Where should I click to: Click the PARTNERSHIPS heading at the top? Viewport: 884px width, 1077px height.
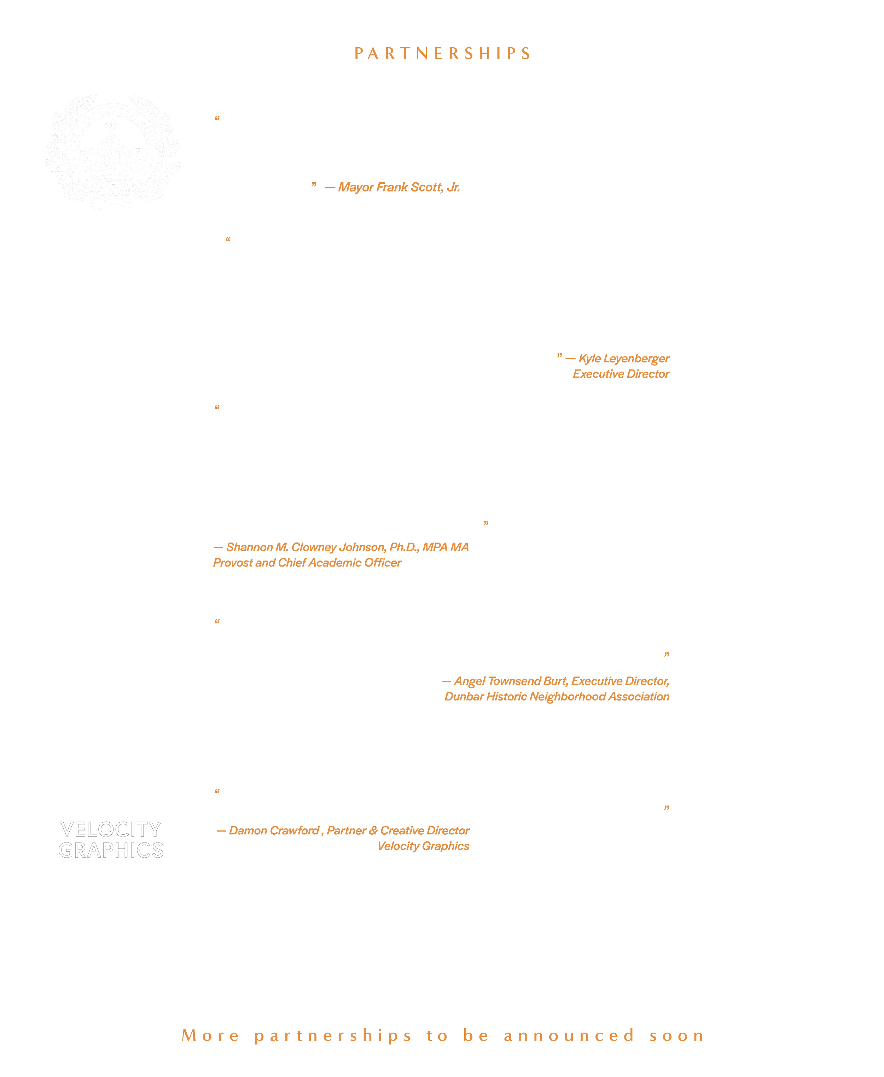(442, 53)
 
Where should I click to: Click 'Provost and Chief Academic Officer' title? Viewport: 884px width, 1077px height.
(307, 563)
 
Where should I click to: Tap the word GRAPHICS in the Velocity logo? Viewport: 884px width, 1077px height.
(111, 850)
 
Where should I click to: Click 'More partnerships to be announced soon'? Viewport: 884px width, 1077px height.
(442, 1036)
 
